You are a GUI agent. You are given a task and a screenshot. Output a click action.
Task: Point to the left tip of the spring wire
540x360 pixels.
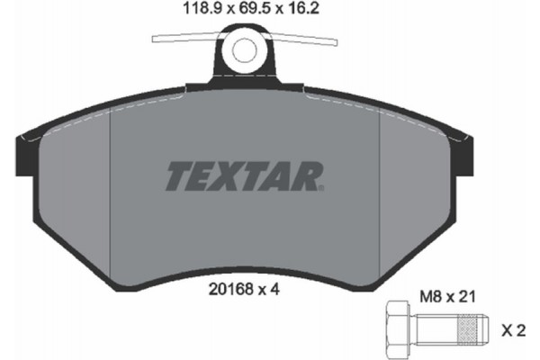pos(156,38)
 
